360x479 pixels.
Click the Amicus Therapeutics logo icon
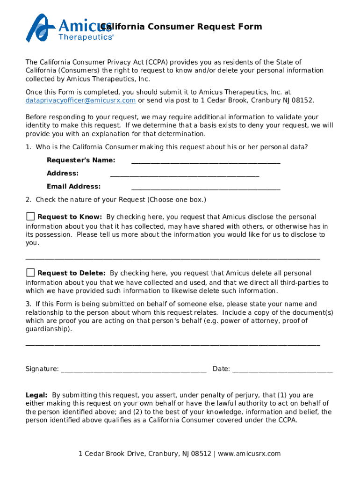41,28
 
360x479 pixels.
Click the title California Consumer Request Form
182,27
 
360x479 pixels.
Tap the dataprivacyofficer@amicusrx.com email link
80,101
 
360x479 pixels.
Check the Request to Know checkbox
30,216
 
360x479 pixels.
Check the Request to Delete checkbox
30,272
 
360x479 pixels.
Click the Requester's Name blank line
206,162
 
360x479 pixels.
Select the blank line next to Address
184,175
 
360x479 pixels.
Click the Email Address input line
206,188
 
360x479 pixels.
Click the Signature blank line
133,370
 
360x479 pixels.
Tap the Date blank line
282,370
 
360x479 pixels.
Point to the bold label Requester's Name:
81,160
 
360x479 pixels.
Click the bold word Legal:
36,395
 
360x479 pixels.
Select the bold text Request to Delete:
71,273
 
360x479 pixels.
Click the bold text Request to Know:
70,217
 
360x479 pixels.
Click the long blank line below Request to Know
173,257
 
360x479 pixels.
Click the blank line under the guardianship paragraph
173,344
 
